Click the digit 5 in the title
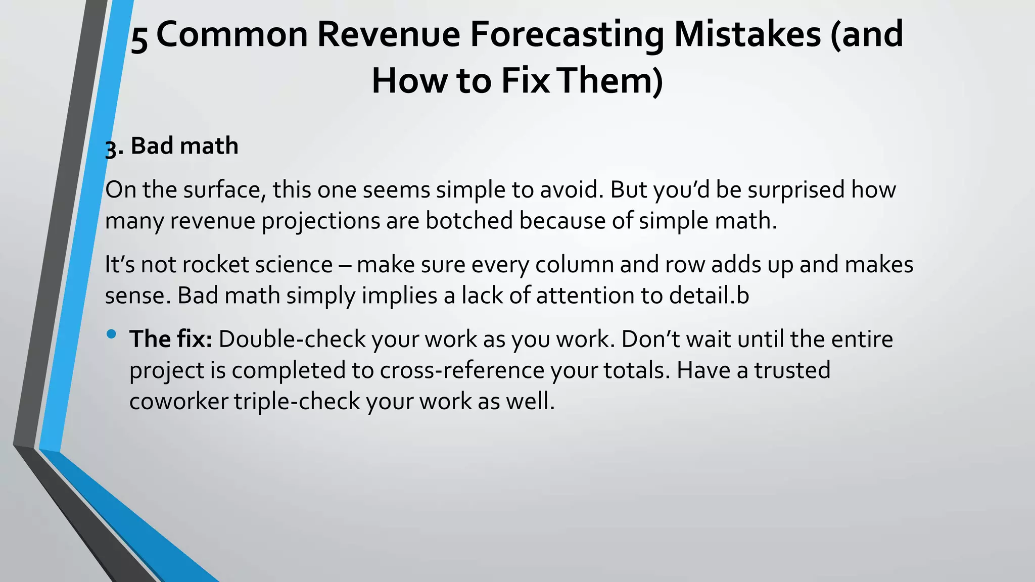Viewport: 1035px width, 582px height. tap(139, 37)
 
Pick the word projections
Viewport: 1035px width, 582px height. tap(320, 221)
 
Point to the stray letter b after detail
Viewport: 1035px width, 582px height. tap(743, 296)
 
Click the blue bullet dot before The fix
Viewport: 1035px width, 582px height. tap(112, 333)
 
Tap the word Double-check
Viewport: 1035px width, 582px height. tap(292, 339)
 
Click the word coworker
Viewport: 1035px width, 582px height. tap(178, 402)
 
